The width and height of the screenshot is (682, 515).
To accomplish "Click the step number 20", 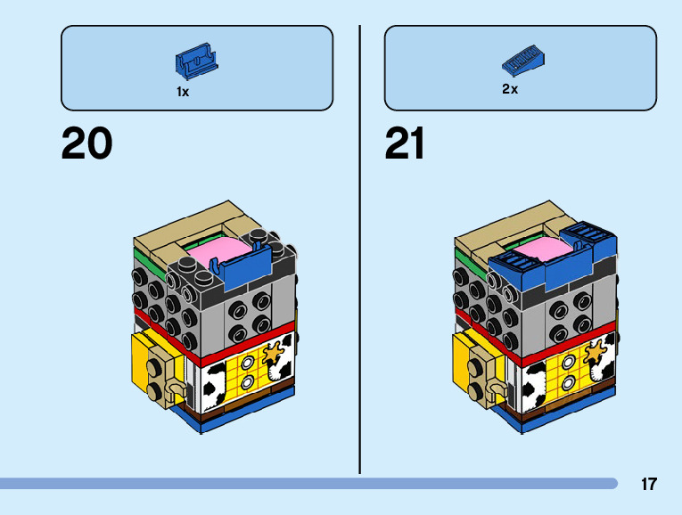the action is click(86, 144).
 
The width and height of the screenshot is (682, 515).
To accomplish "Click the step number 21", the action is click(405, 144).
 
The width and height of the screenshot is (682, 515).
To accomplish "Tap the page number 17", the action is click(648, 485).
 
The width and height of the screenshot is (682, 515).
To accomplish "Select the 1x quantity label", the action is click(183, 92).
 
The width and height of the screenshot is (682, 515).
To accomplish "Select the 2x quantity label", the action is click(510, 89).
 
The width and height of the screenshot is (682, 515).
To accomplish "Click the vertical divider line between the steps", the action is click(360, 249).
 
